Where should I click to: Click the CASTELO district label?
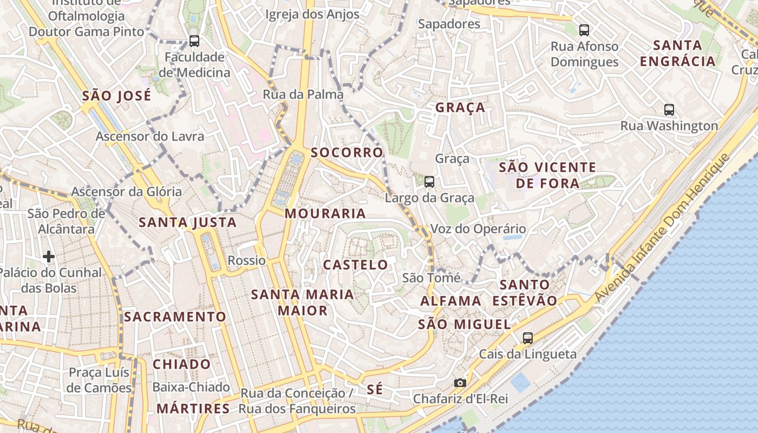(355, 265)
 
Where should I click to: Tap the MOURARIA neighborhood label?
(325, 213)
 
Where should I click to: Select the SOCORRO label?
(347, 153)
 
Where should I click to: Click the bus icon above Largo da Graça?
(429, 181)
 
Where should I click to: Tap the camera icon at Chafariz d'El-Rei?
(460, 383)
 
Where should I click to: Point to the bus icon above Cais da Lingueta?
(528, 338)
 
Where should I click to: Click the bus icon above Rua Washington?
(669, 110)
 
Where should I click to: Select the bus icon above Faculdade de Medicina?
(194, 41)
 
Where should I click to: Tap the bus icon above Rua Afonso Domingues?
(584, 30)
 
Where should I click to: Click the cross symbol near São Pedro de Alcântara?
(49, 256)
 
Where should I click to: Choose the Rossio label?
(247, 260)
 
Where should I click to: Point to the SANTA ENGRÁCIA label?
(678, 53)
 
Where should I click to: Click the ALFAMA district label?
(450, 301)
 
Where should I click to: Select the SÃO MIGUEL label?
(465, 324)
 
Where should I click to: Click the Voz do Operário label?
(478, 229)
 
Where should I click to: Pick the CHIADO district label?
(181, 364)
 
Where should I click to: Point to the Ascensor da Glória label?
(127, 192)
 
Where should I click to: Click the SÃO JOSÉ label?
(116, 96)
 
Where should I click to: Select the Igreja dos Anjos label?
(312, 15)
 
